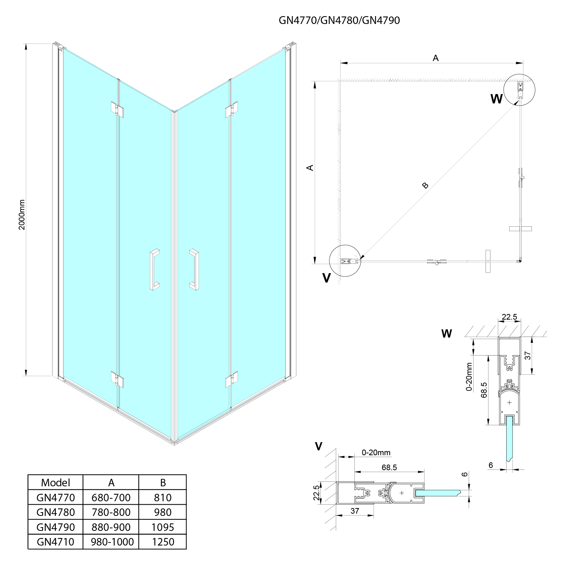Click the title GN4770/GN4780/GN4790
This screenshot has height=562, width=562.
[339, 20]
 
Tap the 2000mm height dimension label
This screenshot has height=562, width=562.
[22, 214]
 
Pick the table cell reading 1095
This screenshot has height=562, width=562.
[163, 527]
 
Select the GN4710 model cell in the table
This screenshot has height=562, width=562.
[55, 542]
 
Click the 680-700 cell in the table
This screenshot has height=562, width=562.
[111, 498]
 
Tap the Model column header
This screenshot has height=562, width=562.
[55, 483]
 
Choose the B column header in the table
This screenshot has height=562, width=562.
[163, 483]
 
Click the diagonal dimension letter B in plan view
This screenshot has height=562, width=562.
[425, 185]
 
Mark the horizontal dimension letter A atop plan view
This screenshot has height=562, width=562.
[435, 58]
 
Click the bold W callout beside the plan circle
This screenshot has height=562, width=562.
[496, 99]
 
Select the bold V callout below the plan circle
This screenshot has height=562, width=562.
[327, 278]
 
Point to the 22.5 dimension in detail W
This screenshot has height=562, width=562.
[509, 317]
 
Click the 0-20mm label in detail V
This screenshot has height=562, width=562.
[376, 453]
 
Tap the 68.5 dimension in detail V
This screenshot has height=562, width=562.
[389, 467]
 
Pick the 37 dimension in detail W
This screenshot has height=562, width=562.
[528, 356]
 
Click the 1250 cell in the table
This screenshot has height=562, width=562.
[163, 542]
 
